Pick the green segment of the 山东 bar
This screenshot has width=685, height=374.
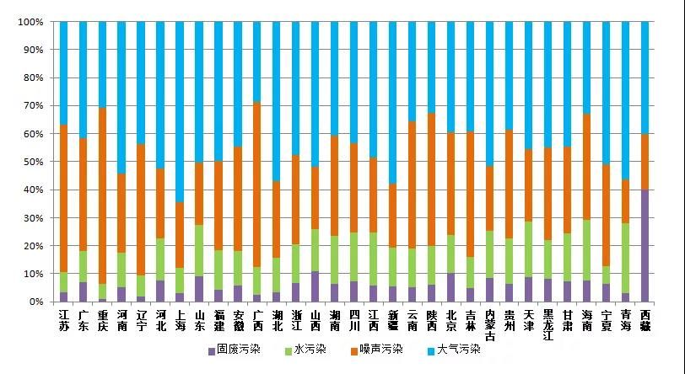click(199, 251)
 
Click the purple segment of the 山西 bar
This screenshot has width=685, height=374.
click(316, 286)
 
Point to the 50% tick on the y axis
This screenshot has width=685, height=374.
click(31, 162)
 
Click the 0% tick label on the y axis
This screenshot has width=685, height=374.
click(35, 302)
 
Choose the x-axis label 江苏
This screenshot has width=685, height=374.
click(63, 321)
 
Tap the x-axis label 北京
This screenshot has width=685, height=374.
click(451, 321)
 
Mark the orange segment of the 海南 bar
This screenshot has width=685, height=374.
click(587, 168)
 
